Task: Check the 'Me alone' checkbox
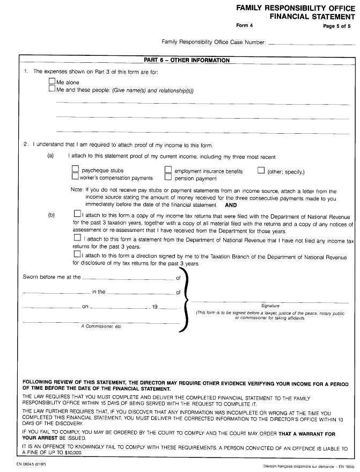point(52,82)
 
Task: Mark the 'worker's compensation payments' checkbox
point(76,177)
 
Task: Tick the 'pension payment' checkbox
point(168,177)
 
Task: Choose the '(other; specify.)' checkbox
point(261,170)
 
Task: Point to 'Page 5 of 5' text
point(336,25)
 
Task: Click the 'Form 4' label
point(244,25)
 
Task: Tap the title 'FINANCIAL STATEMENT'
point(312,17)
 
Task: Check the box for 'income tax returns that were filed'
point(78,213)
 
